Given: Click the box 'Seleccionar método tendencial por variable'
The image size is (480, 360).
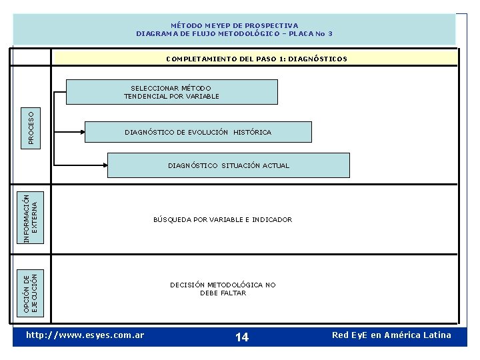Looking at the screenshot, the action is pos(171,92).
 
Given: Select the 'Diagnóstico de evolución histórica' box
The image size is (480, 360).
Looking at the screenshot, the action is pos(198,132).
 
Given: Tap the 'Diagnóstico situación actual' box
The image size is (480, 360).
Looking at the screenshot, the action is pos(229,165).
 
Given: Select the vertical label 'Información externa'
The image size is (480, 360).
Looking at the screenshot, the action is pos(31,217).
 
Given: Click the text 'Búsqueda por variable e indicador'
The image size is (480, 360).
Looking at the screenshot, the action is pos(223,219).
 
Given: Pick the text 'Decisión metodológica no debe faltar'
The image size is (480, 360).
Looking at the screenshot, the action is pos(223,289).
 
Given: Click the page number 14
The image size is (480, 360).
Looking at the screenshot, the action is pos(242,337).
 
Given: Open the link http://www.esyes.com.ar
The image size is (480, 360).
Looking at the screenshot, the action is pos(85,335).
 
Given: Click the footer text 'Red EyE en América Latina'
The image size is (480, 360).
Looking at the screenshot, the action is pos(391,335).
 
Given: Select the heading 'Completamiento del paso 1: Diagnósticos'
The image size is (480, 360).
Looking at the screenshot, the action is pos(256,59).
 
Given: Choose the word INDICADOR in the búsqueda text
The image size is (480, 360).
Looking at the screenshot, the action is pos(272,219).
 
